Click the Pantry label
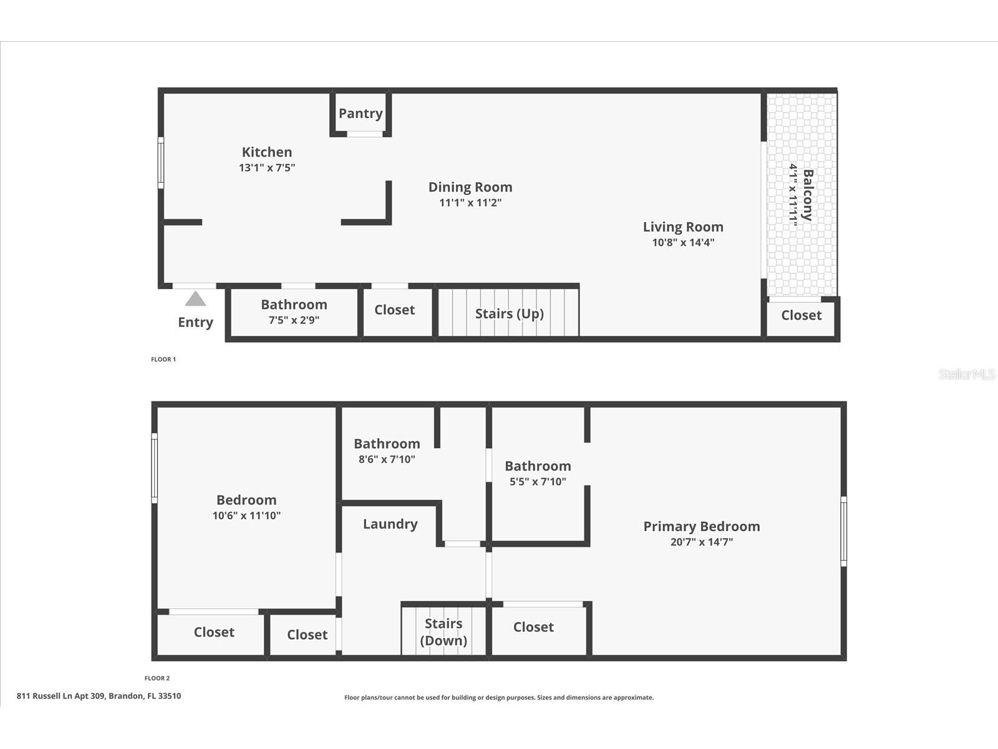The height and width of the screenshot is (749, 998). pyautogui.click(x=361, y=114)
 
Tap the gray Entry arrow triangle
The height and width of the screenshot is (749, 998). pyautogui.click(x=195, y=299)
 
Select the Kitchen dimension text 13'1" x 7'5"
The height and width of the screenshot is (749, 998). pyautogui.click(x=267, y=168)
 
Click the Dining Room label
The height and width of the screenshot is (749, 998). pyautogui.click(x=470, y=187)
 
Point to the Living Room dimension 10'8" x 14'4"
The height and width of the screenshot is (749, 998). pyautogui.click(x=683, y=243)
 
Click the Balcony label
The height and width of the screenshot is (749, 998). pyautogui.click(x=808, y=195)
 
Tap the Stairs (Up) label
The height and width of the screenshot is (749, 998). pyautogui.click(x=509, y=313)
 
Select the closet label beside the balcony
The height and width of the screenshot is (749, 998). pyautogui.click(x=801, y=315)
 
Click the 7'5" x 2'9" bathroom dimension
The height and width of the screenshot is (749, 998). pyautogui.click(x=294, y=320)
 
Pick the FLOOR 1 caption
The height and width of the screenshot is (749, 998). pyautogui.click(x=163, y=360)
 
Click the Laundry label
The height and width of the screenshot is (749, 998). pyautogui.click(x=390, y=524)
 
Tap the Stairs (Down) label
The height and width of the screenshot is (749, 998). pyautogui.click(x=443, y=632)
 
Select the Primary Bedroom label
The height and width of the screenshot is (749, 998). pyautogui.click(x=701, y=527)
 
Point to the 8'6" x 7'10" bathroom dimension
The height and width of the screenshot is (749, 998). pyautogui.click(x=387, y=459)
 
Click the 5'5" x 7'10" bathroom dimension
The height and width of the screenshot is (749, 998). pyautogui.click(x=538, y=482)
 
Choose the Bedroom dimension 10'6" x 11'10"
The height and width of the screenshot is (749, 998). pyautogui.click(x=246, y=516)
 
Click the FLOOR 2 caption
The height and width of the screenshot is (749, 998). pyautogui.click(x=157, y=678)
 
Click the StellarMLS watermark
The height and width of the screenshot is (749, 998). pyautogui.click(x=967, y=374)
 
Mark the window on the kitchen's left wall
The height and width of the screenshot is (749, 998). pyautogui.click(x=160, y=163)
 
